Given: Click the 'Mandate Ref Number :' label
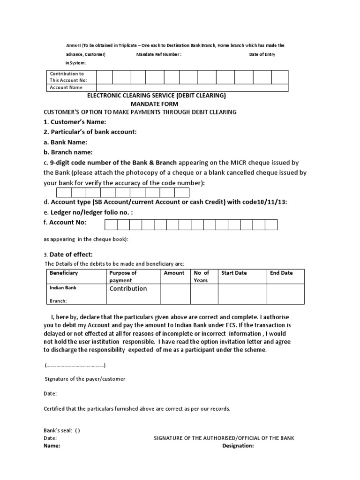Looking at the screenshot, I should point(158,54).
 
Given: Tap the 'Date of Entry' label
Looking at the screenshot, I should point(262,54).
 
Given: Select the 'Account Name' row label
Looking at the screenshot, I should point(66,87).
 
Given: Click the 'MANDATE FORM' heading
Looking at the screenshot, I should point(154,104).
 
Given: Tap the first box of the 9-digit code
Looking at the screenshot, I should point(64,193).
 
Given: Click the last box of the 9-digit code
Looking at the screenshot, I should point(182,193).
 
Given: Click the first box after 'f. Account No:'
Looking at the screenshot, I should point(110,225).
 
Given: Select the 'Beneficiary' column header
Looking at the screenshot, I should point(64,273).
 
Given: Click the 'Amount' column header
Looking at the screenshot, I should point(174,273).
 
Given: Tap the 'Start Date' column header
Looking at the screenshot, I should point(234,273).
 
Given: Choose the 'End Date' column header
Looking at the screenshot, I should point(281,273).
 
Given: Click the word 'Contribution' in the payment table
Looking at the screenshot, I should point(128,289).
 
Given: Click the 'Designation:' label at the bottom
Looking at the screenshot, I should point(238,446).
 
